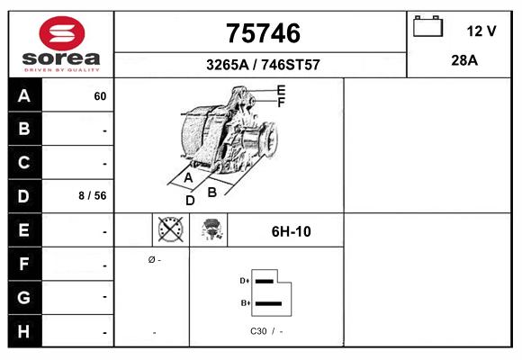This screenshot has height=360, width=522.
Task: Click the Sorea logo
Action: (x=61, y=45)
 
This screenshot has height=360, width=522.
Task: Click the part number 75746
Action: (x=262, y=33)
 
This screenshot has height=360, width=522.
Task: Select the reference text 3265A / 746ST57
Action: (x=262, y=65)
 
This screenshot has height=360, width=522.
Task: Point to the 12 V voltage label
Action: (x=481, y=31)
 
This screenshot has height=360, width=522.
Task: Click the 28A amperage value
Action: (x=463, y=60)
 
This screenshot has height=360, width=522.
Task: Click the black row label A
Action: (x=24, y=96)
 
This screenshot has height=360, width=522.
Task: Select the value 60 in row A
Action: (x=100, y=96)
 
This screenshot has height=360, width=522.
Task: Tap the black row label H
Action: (x=24, y=330)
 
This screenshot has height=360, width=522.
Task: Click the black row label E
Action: (x=24, y=230)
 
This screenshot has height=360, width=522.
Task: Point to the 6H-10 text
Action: (x=291, y=231)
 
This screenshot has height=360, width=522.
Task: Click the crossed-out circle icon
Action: (x=169, y=230)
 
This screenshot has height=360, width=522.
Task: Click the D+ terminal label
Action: (x=244, y=281)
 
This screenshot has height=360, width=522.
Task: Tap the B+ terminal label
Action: (x=244, y=303)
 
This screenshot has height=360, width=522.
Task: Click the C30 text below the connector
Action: (x=257, y=331)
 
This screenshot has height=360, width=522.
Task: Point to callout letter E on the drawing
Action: (x=281, y=90)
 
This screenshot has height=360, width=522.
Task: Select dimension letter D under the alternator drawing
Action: (x=190, y=201)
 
